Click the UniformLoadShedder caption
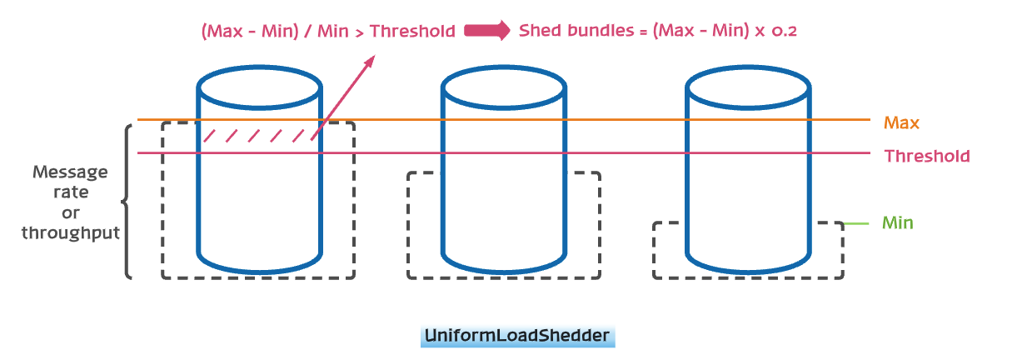coord(517,336)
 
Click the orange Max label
coord(901,123)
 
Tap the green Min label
coord(898,223)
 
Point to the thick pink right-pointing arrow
coord(487,32)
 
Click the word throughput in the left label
coord(71,232)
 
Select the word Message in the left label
coord(70,172)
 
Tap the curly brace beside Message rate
coord(128,201)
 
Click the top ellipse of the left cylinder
coord(260,85)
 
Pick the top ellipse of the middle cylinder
coord(503,85)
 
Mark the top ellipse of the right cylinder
coord(746,85)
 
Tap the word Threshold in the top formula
coord(412,32)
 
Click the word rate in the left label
coord(71,192)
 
